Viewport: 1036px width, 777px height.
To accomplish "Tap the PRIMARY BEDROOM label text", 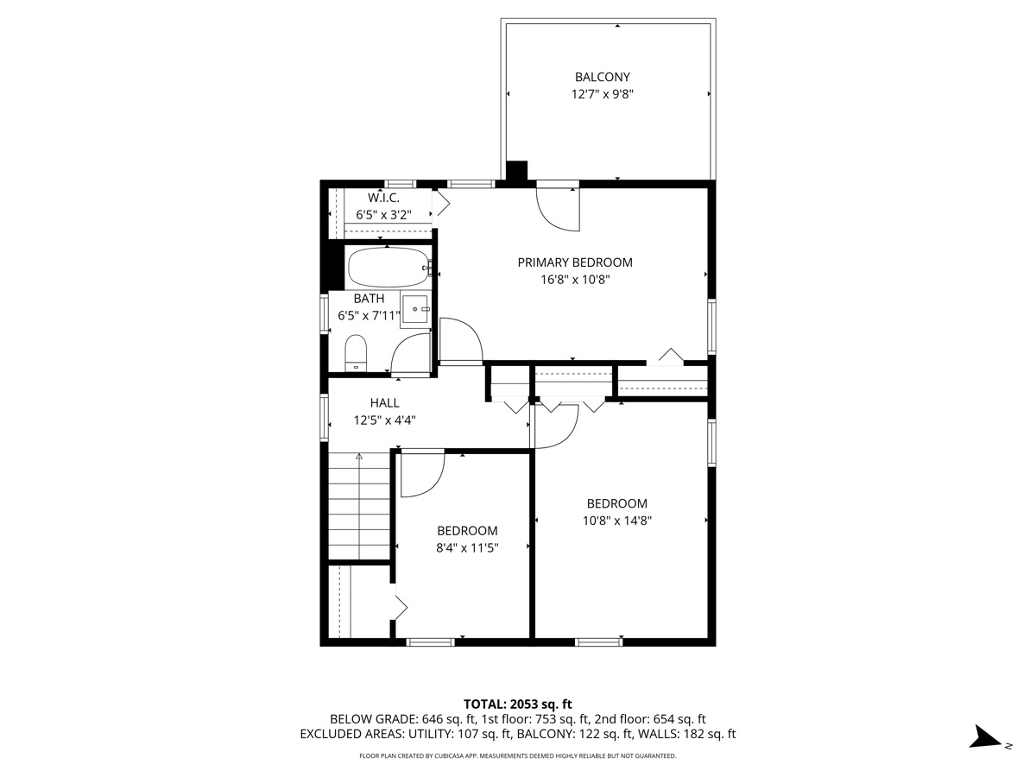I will coord(575,262).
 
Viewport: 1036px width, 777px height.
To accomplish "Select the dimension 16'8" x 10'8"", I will coord(575,280).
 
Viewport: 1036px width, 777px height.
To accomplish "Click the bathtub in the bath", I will coord(388,268).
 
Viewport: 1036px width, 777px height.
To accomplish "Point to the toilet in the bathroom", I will coord(356,354).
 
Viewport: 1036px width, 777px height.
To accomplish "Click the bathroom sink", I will coord(415,308).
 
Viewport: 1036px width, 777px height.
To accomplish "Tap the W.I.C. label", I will coord(383,198).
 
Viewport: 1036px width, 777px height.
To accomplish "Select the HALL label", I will coord(385,402).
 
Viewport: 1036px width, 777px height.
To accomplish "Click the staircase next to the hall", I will coord(359,508).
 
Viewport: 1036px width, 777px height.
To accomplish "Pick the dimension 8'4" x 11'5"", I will coord(467,547).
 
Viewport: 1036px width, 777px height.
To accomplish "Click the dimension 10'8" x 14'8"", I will coord(616,521).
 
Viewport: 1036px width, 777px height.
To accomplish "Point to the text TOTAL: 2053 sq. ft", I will coord(518,704).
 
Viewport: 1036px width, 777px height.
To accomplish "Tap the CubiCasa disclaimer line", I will coord(518,756).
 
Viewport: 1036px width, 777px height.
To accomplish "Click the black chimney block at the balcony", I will coord(516,172).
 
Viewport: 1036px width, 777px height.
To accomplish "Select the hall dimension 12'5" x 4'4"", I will coord(385,420).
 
